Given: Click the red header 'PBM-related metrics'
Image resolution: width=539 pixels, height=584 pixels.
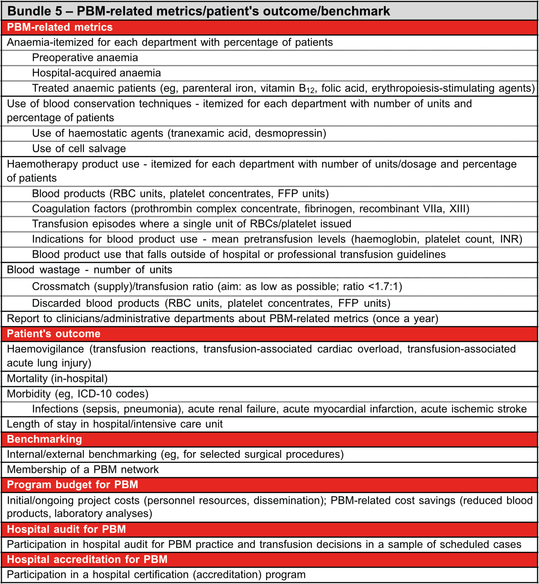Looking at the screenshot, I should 60,27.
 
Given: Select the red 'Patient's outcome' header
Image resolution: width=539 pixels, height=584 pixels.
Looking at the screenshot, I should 54,334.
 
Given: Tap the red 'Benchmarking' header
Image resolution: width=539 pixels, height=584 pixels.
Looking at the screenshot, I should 44,439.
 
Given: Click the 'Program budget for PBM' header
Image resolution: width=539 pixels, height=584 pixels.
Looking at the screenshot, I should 72,484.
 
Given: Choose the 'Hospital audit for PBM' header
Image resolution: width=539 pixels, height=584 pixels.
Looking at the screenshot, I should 66,529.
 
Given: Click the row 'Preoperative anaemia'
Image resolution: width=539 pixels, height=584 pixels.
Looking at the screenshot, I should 85,58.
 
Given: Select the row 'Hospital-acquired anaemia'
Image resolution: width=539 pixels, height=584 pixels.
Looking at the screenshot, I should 96,73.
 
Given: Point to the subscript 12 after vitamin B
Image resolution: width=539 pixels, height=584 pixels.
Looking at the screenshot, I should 311,91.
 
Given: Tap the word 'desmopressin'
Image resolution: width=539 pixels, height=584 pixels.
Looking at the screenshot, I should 290,133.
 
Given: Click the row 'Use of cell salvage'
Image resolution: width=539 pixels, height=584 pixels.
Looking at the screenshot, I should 79,149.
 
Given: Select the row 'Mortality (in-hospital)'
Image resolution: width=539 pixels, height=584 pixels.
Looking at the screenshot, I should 57,378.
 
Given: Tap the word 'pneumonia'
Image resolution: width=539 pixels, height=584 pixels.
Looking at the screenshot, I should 151,409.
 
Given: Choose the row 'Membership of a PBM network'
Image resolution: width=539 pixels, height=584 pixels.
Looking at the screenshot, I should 83,469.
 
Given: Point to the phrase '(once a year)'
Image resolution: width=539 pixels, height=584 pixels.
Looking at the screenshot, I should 405,319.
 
